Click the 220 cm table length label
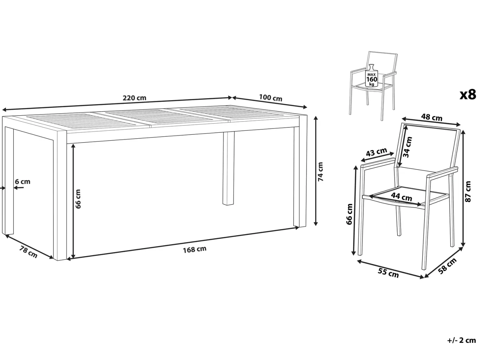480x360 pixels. [134, 98]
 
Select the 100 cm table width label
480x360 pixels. [271, 98]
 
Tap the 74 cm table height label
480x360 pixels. [320, 171]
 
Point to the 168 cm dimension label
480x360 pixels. [195, 249]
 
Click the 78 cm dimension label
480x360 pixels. [29, 252]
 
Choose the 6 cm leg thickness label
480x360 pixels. [23, 182]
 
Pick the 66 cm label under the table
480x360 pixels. [78, 199]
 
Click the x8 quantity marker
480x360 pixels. [468, 95]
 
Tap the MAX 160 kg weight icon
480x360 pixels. [372, 75]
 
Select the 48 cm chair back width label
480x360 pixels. [432, 118]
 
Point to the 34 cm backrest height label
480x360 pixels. [408, 147]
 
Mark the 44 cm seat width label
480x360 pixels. [401, 196]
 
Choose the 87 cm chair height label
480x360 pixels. [468, 191]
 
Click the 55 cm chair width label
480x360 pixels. [388, 273]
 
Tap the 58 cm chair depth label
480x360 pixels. [447, 266]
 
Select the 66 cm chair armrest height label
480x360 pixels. [349, 214]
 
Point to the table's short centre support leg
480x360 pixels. [228, 169]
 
